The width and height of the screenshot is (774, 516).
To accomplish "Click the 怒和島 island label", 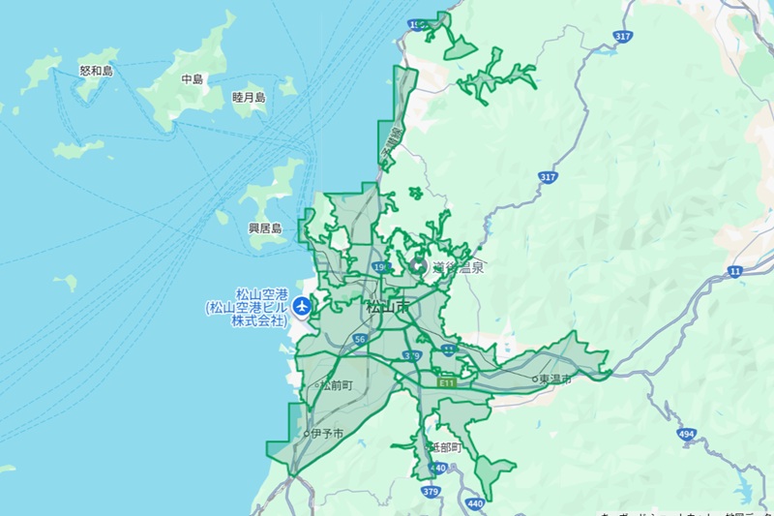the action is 96,71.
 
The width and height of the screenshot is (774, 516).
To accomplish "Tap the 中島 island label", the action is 193,79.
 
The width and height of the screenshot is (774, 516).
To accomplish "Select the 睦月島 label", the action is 249,97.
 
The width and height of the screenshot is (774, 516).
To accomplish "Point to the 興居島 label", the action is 264,228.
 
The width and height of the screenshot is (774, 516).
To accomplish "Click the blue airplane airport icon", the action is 302,307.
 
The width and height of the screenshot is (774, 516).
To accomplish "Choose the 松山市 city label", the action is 387,308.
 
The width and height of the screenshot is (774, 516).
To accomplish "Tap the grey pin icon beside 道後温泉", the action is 419,264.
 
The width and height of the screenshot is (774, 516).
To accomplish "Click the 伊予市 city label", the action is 327,434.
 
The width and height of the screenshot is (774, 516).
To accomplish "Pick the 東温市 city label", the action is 555,379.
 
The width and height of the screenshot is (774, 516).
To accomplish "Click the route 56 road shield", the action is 360,340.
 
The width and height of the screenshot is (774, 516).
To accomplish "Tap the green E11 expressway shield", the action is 445,383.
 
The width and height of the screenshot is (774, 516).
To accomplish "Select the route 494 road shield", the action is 687,434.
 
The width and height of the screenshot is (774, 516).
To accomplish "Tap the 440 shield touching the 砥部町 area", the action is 438,469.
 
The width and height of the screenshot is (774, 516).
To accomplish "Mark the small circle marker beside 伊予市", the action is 306,434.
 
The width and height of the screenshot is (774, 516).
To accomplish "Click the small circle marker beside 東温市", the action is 534,379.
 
